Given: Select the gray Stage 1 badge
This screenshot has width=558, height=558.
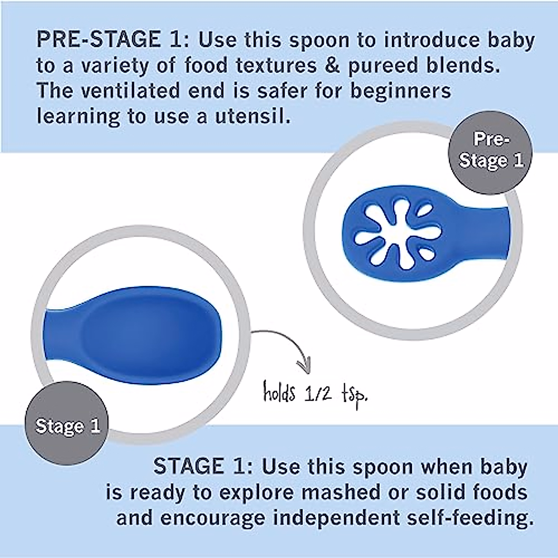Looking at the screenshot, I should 67,426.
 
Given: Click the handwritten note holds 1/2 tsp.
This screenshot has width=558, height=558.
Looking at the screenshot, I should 315,394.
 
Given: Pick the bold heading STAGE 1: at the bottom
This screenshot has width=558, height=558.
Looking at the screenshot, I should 203,467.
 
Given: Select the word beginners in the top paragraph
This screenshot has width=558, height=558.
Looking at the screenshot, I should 400,90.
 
